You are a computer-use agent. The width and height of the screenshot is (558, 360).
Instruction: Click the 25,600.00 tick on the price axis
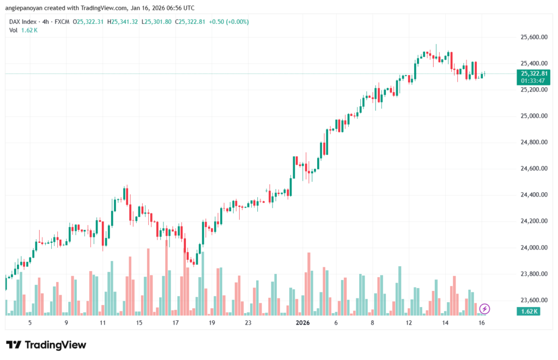point(532,37)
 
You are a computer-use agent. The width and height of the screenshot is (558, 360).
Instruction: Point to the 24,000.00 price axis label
point(532,247)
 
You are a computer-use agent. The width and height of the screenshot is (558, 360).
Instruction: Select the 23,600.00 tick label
point(532,300)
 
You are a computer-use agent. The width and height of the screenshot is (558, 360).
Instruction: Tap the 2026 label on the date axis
point(302,323)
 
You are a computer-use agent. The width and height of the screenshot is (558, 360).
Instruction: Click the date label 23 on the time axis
point(248,323)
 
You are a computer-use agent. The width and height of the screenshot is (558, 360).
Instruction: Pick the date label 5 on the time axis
point(30,323)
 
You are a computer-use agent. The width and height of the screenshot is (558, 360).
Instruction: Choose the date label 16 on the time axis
point(482,323)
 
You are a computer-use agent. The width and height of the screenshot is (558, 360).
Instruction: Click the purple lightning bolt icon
point(484,309)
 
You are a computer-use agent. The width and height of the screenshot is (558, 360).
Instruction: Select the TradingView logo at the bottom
point(46,345)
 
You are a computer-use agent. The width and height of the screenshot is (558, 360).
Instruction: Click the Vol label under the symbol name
point(14,30)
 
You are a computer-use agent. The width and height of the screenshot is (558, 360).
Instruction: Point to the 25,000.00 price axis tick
point(532,116)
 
